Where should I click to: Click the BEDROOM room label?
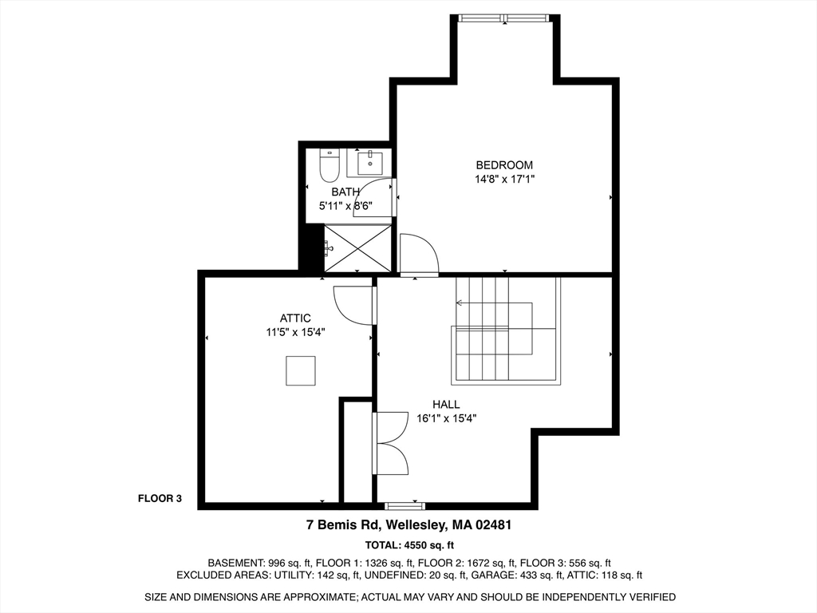504,165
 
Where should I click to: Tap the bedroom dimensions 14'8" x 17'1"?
504,180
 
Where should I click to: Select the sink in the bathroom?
370,163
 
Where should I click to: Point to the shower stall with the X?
358,248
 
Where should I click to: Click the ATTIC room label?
295,318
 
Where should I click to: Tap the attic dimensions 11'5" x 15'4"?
295,332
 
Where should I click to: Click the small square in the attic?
301,370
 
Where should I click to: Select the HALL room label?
446,405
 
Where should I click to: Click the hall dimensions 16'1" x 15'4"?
446,418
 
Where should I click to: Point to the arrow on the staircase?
461,303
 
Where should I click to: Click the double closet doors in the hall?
391,445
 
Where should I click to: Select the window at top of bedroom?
504,18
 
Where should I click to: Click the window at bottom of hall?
405,505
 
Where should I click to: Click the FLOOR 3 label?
160,499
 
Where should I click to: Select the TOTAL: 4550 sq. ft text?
408,546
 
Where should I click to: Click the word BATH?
345,192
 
